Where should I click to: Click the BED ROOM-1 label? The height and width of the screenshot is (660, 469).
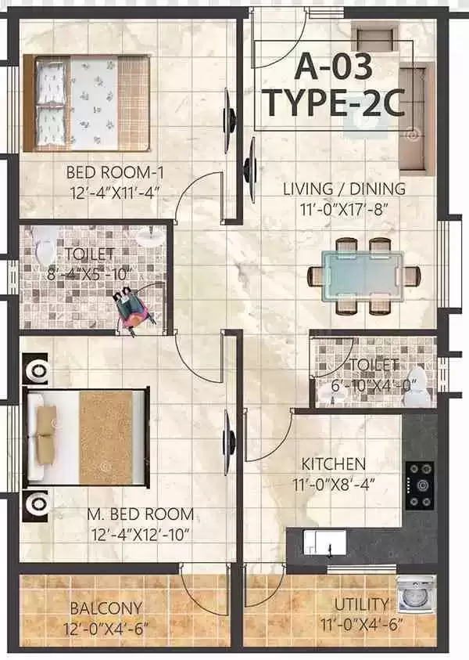(x=115, y=172)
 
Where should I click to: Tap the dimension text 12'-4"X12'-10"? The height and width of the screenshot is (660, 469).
(x=141, y=535)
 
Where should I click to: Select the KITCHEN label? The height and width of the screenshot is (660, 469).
(x=334, y=464)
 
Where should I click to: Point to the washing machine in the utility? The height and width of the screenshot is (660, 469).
(x=416, y=594)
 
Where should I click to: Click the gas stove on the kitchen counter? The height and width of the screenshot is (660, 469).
(x=420, y=485)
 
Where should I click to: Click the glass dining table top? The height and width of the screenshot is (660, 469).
(x=363, y=276)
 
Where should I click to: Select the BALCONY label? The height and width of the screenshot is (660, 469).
(x=106, y=608)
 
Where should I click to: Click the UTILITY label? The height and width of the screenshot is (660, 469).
(x=361, y=604)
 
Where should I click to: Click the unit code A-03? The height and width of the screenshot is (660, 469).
(x=333, y=67)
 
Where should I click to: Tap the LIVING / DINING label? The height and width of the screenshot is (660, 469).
(x=344, y=189)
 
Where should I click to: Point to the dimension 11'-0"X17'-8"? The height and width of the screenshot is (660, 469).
(x=343, y=209)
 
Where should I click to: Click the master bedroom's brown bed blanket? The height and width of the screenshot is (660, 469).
(x=106, y=438)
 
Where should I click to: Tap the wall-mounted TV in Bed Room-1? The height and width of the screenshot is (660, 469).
(x=230, y=114)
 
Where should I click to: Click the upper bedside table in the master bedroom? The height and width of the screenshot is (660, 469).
(x=36, y=368)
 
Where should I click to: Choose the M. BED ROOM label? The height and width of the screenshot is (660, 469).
(x=141, y=514)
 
